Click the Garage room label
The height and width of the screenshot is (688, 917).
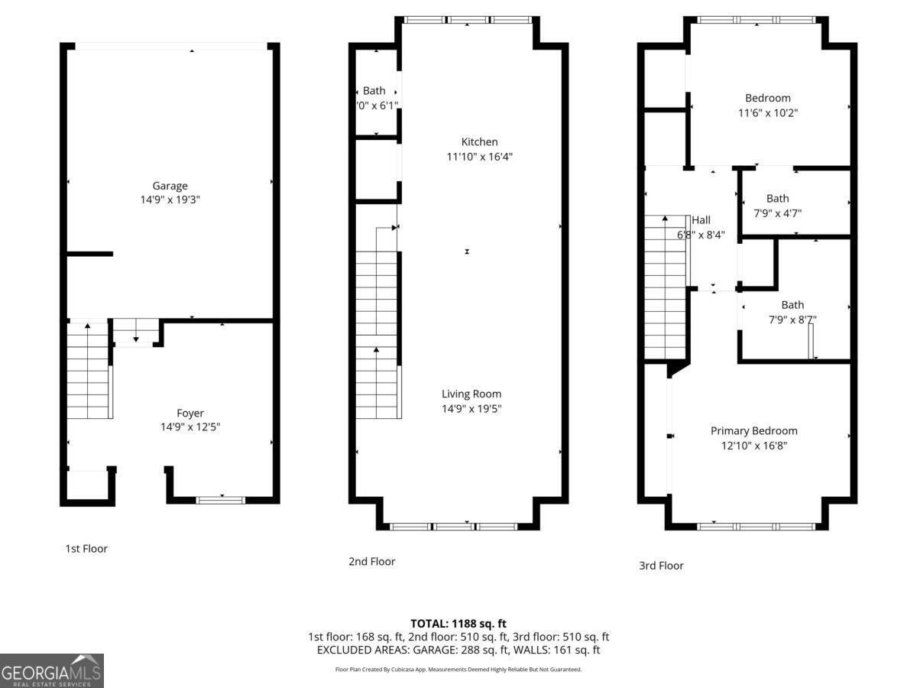click(x=170, y=186)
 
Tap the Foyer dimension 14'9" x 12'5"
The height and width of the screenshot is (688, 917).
click(x=190, y=427)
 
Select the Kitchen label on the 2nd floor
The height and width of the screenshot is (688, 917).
click(x=479, y=142)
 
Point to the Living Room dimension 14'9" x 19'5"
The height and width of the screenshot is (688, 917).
click(x=471, y=408)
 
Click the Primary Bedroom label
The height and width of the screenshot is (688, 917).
click(x=753, y=431)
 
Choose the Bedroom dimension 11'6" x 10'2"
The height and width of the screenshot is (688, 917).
click(x=768, y=113)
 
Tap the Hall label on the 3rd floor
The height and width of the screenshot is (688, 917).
click(x=701, y=220)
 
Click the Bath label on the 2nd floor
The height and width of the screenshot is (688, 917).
click(x=374, y=91)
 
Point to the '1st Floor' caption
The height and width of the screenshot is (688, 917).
click(x=86, y=548)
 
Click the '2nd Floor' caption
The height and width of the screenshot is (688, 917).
click(x=372, y=561)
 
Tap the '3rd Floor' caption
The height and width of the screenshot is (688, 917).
click(x=661, y=566)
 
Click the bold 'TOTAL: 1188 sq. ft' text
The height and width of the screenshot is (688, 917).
click(x=458, y=624)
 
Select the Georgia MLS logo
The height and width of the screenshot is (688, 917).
click(x=51, y=670)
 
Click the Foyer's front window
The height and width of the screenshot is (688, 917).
click(x=221, y=500)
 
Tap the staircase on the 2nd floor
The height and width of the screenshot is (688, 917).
click(x=377, y=321)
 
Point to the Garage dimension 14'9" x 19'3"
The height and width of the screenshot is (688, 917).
click(x=170, y=200)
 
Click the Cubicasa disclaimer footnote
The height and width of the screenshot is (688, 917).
click(x=458, y=670)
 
